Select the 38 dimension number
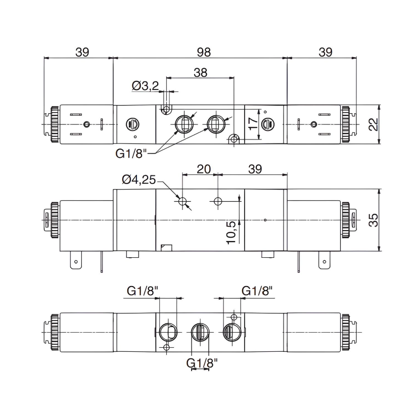coord(200,72)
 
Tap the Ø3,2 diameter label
coord(145,86)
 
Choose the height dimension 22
coord(373,124)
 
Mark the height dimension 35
coord(373,220)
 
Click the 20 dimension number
coord(203,169)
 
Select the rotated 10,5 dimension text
coord(231,232)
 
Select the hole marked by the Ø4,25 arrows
coord(183,202)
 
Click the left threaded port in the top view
coord(183,123)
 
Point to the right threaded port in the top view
coord(216,123)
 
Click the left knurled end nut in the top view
coord(53,125)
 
